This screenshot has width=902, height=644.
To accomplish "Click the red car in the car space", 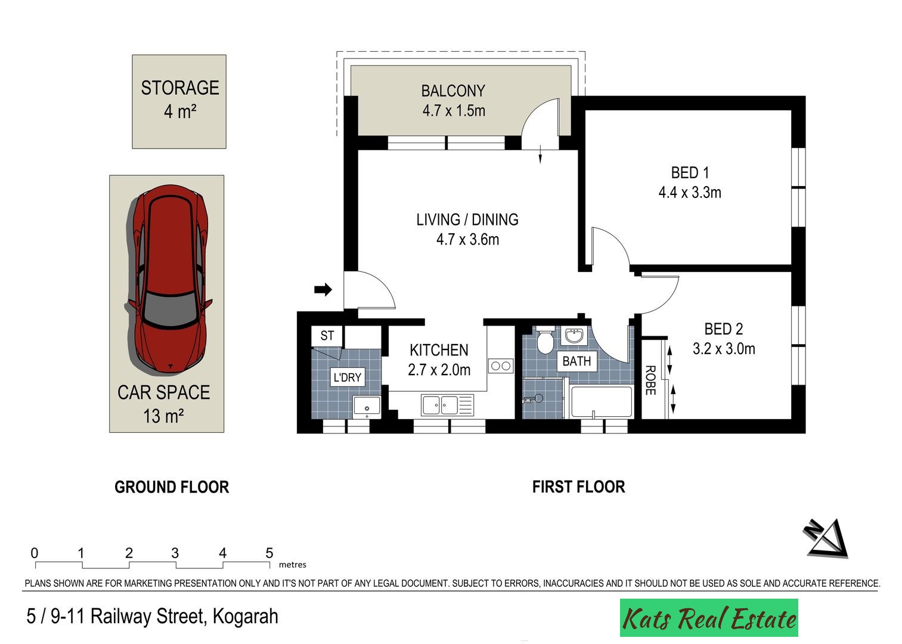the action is (169, 280).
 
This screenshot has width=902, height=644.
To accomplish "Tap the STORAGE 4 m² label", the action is (180, 100).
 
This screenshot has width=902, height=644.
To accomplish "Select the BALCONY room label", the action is (454, 91).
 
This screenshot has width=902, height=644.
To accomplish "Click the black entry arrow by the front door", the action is (323, 289).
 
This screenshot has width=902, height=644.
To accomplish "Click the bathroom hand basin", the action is (574, 335).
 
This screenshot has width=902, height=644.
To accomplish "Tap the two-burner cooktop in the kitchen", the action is (501, 366).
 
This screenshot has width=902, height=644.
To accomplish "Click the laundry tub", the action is (367, 407).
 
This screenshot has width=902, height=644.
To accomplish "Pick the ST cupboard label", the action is (327, 336).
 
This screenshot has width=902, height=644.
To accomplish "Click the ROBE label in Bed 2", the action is (650, 380).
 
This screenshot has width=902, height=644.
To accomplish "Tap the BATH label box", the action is (576, 361).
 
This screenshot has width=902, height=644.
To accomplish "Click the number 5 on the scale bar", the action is (269, 553).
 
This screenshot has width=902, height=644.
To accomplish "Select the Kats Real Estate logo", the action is (709, 618).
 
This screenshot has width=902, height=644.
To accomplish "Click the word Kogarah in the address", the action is (245, 616).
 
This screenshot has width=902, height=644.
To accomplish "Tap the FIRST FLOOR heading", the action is (579, 487).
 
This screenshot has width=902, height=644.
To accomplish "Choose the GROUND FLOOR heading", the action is (172, 487).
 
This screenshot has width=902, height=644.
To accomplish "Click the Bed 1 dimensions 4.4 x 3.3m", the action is (690, 193).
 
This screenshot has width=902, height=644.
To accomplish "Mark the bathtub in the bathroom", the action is (602, 402).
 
